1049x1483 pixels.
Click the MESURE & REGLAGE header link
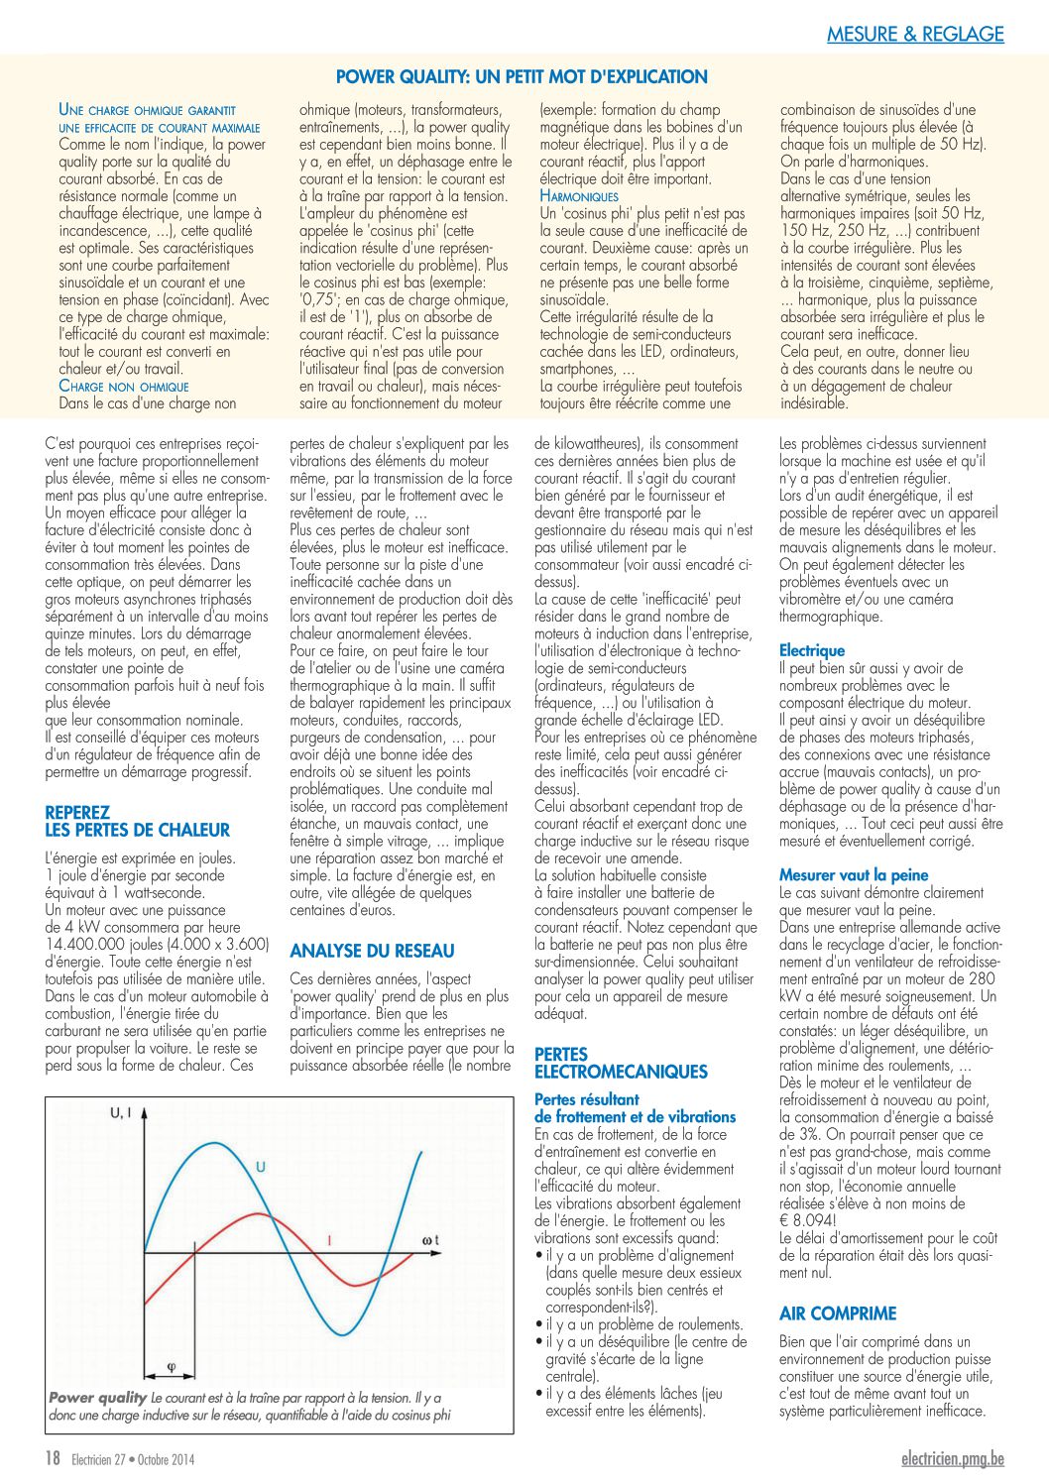(915, 34)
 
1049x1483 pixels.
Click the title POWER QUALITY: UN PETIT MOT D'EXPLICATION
(522, 76)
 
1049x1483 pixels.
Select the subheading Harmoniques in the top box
(579, 196)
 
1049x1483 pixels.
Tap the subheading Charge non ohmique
(124, 386)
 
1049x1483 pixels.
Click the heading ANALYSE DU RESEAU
(372, 951)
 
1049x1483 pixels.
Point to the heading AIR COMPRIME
(838, 1313)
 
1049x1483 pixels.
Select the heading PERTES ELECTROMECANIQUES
(621, 1063)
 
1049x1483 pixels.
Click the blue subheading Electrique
(812, 650)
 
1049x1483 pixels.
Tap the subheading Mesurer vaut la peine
(854, 874)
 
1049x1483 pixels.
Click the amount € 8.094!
(808, 1220)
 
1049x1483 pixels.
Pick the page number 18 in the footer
(54, 1458)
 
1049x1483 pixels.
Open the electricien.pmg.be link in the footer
(952, 1458)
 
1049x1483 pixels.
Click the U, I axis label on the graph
(120, 1113)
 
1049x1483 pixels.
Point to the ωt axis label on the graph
(429, 1240)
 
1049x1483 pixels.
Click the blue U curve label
(260, 1167)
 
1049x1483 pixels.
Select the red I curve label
(328, 1240)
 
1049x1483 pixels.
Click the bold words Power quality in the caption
(97, 1398)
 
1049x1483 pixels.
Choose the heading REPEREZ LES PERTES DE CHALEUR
(137, 821)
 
